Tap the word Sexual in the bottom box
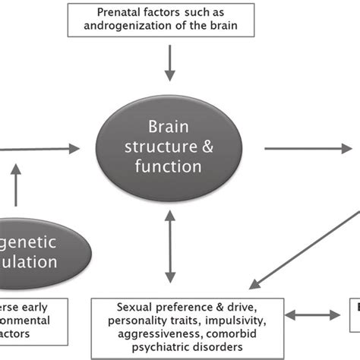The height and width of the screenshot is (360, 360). (x=135, y=307)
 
